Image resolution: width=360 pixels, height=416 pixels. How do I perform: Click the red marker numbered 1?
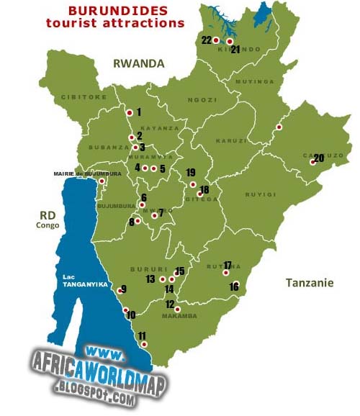tap(129, 112)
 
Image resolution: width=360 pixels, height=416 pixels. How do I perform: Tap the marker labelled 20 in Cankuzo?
tap(312, 162)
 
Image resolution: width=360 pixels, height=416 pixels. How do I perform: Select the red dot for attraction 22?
tap(215, 40)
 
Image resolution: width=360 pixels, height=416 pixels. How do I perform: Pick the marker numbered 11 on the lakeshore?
tap(145, 345)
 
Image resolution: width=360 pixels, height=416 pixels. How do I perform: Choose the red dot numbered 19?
tap(192, 184)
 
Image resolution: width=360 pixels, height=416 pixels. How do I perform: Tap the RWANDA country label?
tap(138, 63)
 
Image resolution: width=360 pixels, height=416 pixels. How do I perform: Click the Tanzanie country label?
tap(309, 283)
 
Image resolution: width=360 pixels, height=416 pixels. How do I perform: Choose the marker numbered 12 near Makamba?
tap(177, 309)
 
